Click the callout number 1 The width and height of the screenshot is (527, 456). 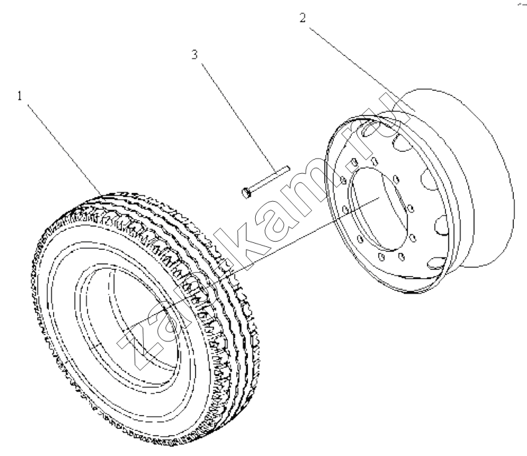point(19,96)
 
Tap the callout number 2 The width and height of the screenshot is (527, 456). point(303,18)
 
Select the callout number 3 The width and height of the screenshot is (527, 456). point(195,55)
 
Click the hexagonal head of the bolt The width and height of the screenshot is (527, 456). point(246,193)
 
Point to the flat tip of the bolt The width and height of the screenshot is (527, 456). point(287,168)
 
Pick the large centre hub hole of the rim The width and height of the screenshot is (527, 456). point(378,209)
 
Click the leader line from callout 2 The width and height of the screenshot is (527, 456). point(362,69)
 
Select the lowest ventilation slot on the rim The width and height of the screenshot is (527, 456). point(436,262)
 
